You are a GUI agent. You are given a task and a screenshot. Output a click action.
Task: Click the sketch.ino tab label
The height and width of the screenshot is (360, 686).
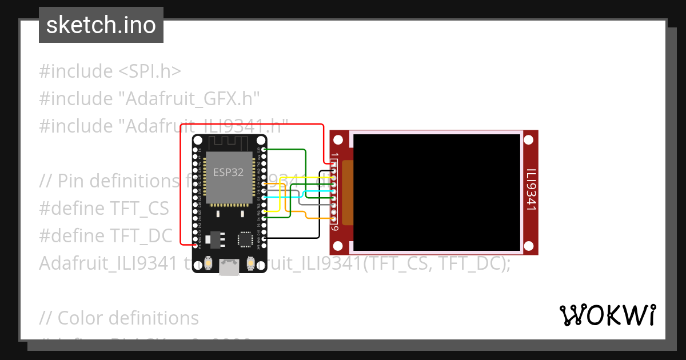101,25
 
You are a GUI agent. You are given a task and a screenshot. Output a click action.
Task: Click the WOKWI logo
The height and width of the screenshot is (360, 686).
607,315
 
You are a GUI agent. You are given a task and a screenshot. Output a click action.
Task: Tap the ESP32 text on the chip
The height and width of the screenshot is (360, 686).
229,173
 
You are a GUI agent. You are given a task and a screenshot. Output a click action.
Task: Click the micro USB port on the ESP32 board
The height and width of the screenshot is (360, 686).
229,267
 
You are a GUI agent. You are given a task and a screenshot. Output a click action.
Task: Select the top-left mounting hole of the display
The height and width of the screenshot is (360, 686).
338,139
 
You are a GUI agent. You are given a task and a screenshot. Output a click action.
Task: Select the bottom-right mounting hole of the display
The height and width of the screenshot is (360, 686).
529,246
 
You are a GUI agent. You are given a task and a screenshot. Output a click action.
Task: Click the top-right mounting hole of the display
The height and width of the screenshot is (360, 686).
529,139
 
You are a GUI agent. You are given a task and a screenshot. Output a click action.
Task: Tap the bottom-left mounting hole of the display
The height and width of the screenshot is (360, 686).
338,246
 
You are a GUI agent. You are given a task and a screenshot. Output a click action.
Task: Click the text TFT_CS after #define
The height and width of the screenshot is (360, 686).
140,209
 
